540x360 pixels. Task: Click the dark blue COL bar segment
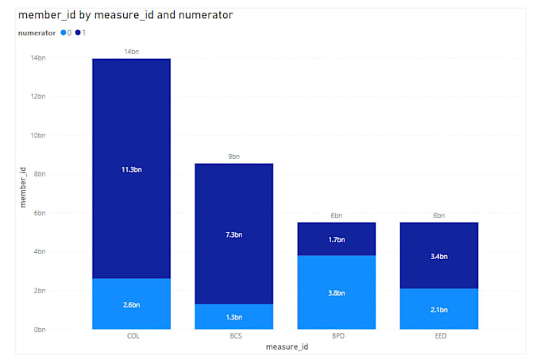click(x=131, y=143)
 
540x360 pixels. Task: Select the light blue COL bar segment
click(x=131, y=314)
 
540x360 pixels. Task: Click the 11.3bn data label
click(x=132, y=168)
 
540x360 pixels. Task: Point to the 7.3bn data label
click(x=233, y=234)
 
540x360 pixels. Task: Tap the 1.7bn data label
click(x=337, y=238)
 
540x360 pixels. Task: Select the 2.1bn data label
click(x=439, y=309)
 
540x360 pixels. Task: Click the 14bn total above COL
click(x=132, y=52)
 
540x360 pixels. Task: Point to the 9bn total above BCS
click(x=233, y=157)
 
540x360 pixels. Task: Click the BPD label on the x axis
click(x=337, y=336)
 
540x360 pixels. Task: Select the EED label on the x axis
click(x=439, y=336)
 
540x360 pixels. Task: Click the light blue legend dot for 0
click(x=64, y=33)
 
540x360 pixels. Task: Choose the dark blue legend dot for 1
click(x=78, y=33)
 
